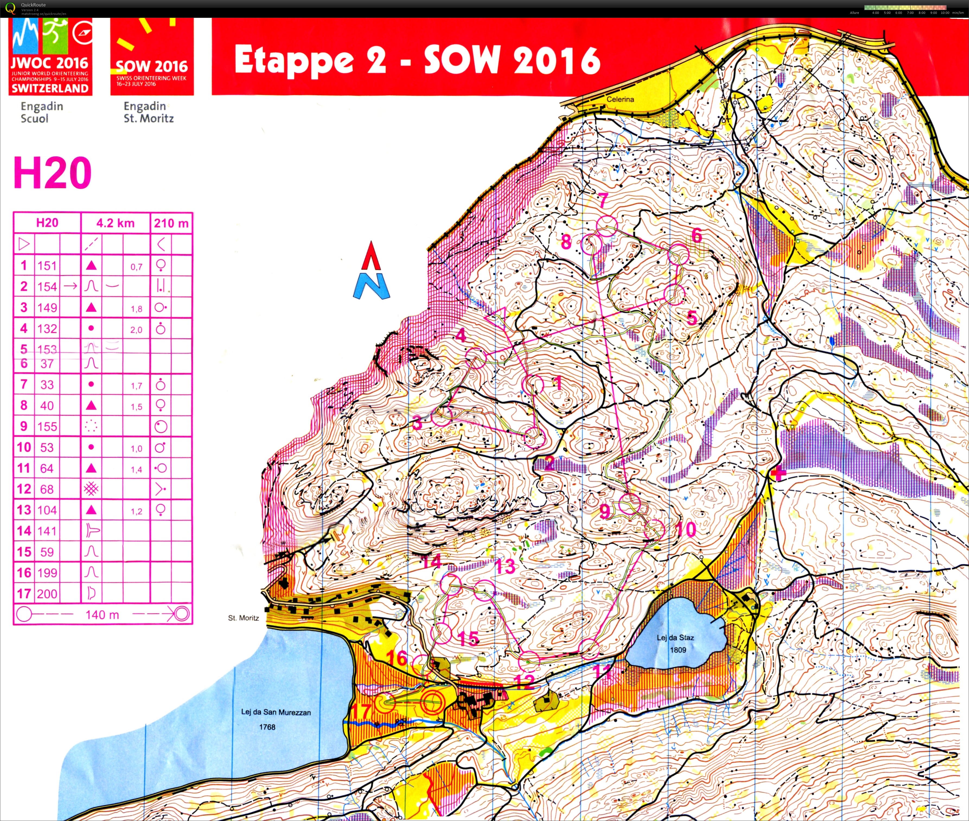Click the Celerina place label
(x=620, y=99)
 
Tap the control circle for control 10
(x=654, y=530)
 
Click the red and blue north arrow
(x=371, y=270)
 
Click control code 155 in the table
(x=47, y=426)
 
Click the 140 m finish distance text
(x=102, y=614)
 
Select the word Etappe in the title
(x=293, y=60)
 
